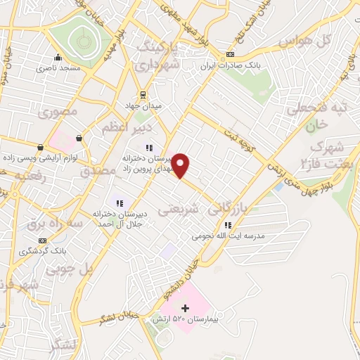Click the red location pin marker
coord(181,165)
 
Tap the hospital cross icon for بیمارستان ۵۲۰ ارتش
coord(186,308)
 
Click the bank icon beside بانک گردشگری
coord(41,240)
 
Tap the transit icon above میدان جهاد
coord(143,95)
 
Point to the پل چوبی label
coord(70,269)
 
